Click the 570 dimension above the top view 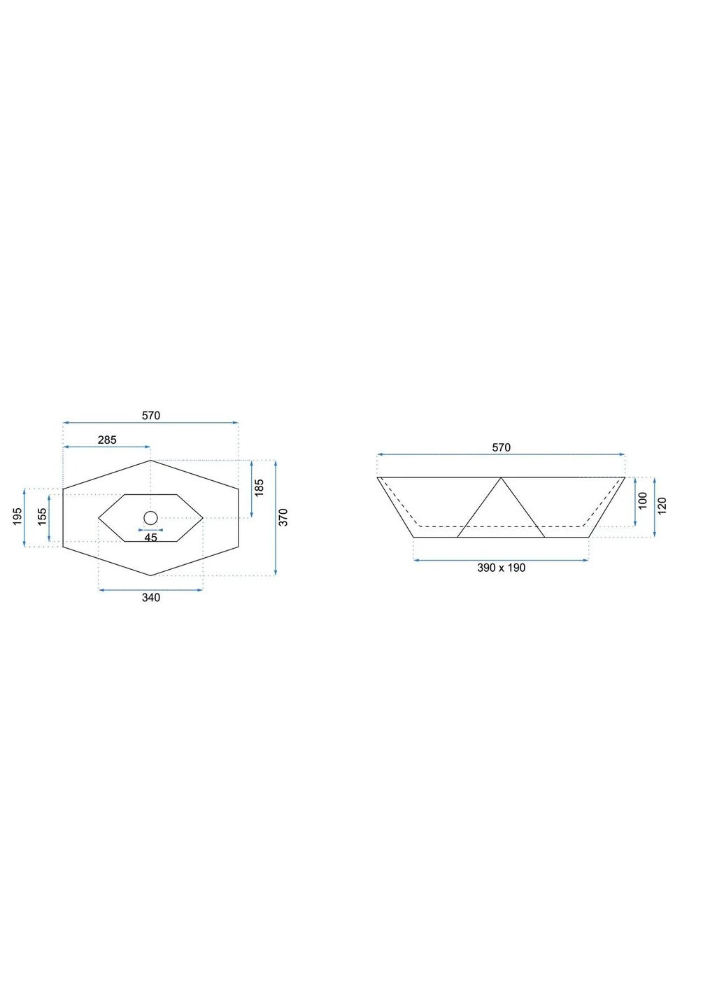click(151, 416)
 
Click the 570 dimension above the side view click(501, 447)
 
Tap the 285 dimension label click(107, 440)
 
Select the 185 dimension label click(259, 489)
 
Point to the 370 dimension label click(283, 517)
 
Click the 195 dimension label click(17, 517)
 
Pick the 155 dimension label click(42, 517)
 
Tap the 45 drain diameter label click(150, 538)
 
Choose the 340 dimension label click(151, 598)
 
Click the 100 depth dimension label click(643, 501)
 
